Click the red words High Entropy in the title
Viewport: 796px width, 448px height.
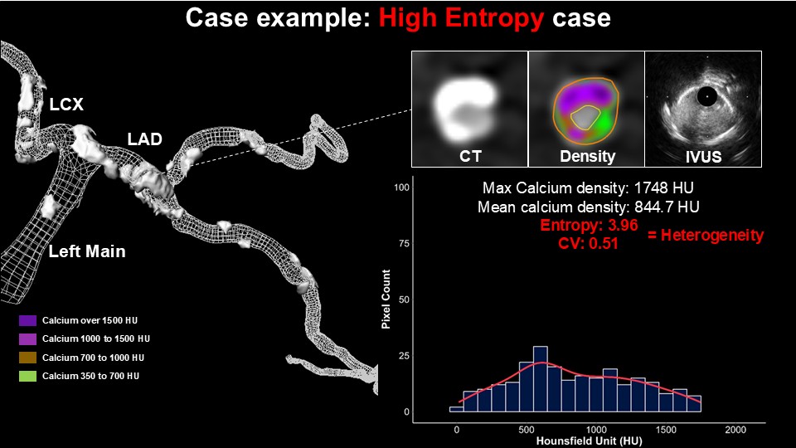[461, 19]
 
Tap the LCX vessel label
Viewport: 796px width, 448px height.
[66, 105]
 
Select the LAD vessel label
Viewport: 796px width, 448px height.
[144, 139]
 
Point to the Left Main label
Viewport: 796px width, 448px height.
[87, 251]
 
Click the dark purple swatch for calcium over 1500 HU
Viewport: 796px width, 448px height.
[27, 320]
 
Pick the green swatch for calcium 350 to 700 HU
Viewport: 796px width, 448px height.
[27, 376]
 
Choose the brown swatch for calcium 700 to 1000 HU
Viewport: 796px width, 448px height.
[27, 358]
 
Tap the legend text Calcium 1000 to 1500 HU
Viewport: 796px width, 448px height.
[96, 338]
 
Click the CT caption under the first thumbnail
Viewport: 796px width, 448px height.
[470, 156]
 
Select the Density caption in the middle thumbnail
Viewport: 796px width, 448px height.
[587, 156]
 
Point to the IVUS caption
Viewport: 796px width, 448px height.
[704, 157]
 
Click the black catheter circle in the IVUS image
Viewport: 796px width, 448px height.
[706, 96]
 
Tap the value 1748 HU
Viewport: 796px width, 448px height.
[663, 188]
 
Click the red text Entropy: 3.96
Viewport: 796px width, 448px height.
[589, 225]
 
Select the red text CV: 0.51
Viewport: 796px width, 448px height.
[588, 243]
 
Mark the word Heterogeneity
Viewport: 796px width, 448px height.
[712, 235]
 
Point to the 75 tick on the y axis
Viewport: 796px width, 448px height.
[404, 243]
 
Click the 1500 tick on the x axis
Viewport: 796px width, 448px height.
[666, 430]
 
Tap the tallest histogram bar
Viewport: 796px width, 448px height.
[541, 379]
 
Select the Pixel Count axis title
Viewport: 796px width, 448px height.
[386, 299]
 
